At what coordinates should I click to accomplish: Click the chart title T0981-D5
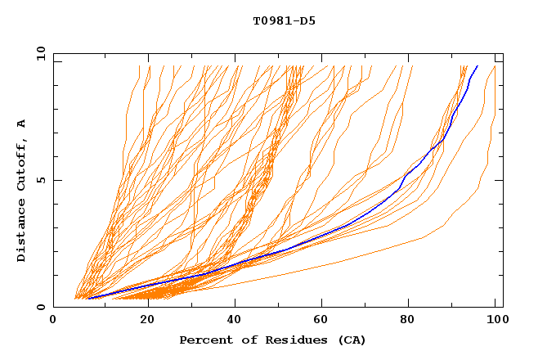tap(284, 20)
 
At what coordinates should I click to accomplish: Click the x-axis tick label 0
tap(53, 320)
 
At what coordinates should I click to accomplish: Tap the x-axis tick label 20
tap(148, 320)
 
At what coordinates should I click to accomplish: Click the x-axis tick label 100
tap(495, 320)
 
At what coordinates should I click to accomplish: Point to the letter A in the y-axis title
tap(22, 123)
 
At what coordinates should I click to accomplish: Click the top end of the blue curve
tap(478, 65)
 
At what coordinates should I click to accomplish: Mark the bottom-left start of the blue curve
tap(88, 298)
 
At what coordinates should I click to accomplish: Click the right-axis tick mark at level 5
tap(500, 180)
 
